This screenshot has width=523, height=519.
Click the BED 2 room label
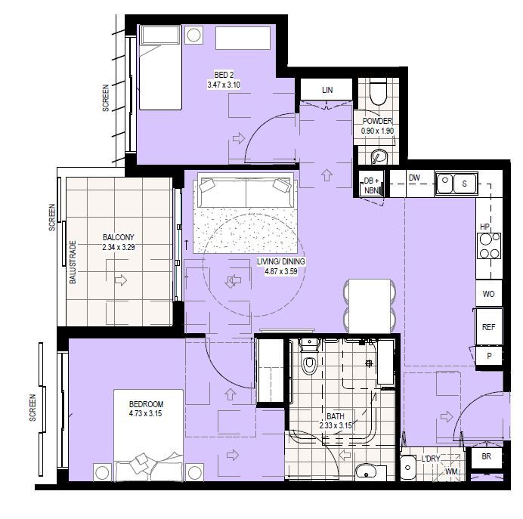[x=223, y=75]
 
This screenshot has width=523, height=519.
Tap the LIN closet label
[x=326, y=90]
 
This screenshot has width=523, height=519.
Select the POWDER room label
[x=377, y=121]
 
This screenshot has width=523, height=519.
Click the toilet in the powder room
[x=379, y=92]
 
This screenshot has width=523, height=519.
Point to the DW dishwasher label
[x=414, y=178]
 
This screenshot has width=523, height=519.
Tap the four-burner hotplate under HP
[x=488, y=245]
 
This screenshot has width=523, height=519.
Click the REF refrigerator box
[x=487, y=328]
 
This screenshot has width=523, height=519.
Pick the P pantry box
[x=488, y=356]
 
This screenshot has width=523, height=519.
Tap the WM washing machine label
[x=451, y=472]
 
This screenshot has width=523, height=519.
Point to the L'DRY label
[x=432, y=459]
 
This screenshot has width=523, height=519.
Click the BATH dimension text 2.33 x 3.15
[x=336, y=426]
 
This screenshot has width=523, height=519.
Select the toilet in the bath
[x=308, y=363]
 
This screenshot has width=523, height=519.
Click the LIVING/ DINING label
[x=281, y=262]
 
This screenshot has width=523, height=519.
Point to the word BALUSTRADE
[x=73, y=262]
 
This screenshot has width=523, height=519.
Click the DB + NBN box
[x=371, y=185]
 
